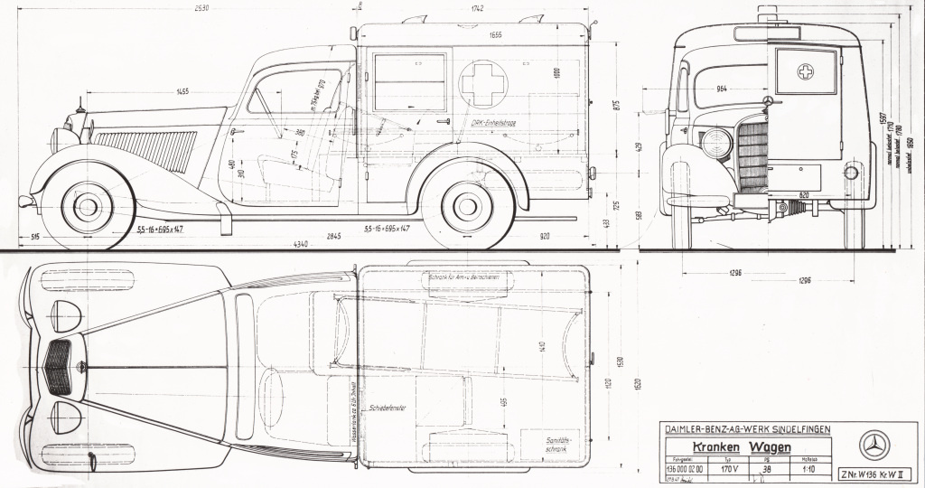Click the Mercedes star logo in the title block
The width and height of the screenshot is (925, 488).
(x=874, y=445)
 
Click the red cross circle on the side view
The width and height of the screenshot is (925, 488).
(x=483, y=83)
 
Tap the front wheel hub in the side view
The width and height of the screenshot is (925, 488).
(x=88, y=207)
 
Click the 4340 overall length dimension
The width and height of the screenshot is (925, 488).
(x=303, y=243)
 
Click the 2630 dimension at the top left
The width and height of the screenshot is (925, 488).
(x=201, y=8)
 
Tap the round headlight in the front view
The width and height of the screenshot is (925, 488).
(x=715, y=144)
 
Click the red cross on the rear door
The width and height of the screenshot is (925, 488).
(x=805, y=72)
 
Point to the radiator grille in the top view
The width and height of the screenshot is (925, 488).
(x=58, y=367)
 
